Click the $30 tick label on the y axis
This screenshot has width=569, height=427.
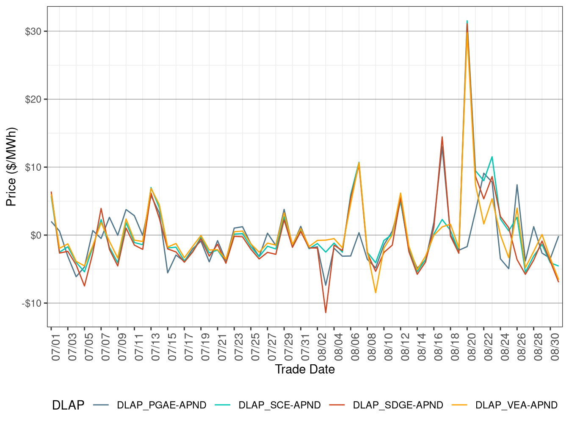tap(33, 32)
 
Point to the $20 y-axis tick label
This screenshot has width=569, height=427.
tap(33, 100)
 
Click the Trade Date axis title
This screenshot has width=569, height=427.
tap(305, 369)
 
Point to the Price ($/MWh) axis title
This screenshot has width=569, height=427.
tap(11, 167)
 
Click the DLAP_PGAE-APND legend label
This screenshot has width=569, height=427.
tap(161, 405)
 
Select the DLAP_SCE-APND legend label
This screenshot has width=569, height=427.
tap(279, 405)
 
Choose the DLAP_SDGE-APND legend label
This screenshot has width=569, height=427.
tap(398, 405)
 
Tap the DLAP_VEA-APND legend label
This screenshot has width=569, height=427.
tap(517, 405)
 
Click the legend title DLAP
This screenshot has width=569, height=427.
tap(68, 405)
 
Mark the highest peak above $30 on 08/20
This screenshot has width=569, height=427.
tap(467, 21)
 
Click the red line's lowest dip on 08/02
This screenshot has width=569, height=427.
tap(326, 313)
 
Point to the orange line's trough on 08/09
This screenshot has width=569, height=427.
tap(376, 293)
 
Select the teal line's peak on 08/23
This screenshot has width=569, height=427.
tap(492, 157)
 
